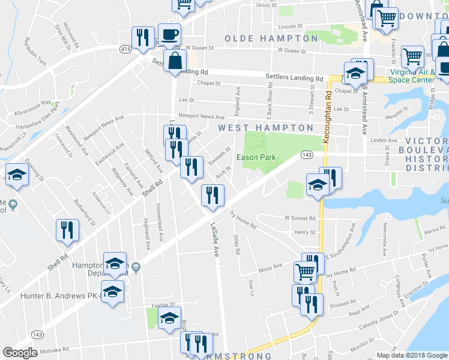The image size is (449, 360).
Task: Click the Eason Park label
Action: [x=256, y=157]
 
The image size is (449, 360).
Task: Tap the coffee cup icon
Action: [x=169, y=35]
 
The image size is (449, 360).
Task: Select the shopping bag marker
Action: [x=175, y=61]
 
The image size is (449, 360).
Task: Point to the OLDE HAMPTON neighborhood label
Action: [x=271, y=38]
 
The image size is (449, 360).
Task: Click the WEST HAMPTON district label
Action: [x=265, y=128]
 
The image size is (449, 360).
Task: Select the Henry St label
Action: [x=305, y=232]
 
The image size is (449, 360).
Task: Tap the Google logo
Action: [x=19, y=353]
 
